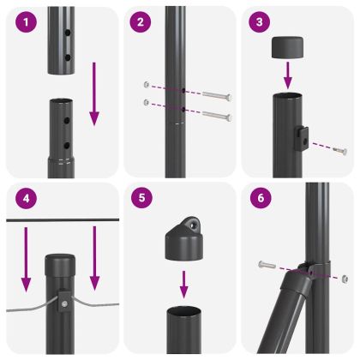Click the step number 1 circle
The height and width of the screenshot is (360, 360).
click(x=27, y=22)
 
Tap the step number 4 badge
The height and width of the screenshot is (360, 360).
click(x=27, y=199)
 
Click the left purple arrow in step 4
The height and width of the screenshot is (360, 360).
click(x=27, y=258)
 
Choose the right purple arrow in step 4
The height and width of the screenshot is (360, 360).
click(x=95, y=258)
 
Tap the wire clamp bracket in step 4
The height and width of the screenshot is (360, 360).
click(x=64, y=301)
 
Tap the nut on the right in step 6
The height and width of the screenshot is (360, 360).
click(x=343, y=278)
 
